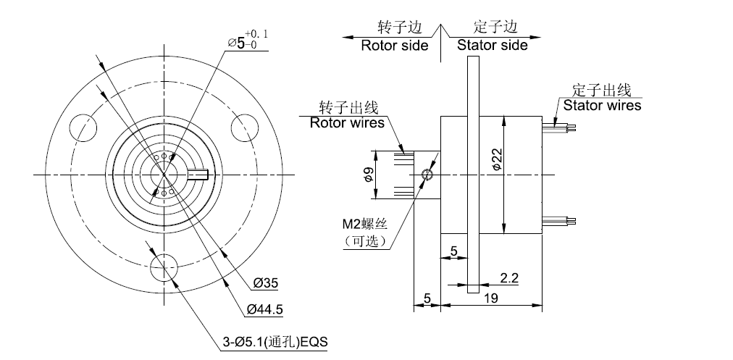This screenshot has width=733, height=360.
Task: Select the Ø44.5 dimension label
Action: (x=264, y=310)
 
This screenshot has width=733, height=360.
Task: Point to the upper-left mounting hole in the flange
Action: (x=83, y=128)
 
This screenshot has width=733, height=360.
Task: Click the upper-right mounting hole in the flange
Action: (x=246, y=128)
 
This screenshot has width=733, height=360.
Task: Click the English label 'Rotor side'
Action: (x=394, y=45)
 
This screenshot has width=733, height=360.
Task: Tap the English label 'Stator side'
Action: (x=492, y=45)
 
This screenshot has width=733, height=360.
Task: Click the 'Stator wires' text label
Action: (x=602, y=105)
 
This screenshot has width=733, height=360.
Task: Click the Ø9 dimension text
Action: (x=368, y=174)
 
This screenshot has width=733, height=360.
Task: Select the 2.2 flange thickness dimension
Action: (x=508, y=277)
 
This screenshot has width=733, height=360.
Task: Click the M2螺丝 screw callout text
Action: (x=363, y=225)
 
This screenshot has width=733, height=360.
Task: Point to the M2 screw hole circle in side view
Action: (x=427, y=174)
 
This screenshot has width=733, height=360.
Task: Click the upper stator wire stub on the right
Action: (x=561, y=127)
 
